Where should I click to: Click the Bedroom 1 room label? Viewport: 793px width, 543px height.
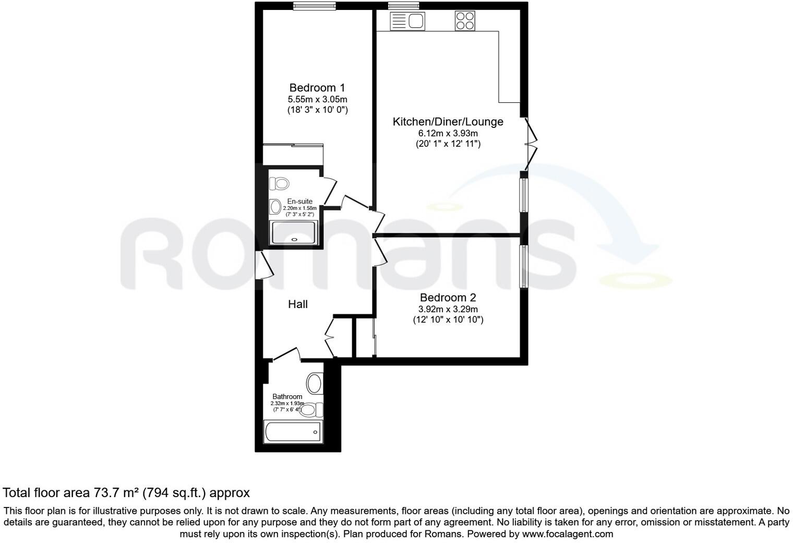click(317, 88)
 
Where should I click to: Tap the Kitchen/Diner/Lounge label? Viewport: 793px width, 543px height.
click(448, 122)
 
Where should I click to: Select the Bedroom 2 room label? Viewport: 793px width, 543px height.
click(448, 298)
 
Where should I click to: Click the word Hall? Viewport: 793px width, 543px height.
click(298, 304)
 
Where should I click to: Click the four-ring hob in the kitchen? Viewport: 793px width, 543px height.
click(465, 21)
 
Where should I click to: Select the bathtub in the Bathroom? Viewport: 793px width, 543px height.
click(292, 432)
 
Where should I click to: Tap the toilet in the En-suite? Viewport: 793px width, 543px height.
click(280, 183)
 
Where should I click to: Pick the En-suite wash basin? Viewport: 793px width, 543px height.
click(275, 207)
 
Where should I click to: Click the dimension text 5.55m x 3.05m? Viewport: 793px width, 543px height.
click(317, 99)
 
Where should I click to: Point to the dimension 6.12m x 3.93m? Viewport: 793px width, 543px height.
click(448, 133)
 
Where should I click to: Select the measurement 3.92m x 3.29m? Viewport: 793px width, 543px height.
click(448, 309)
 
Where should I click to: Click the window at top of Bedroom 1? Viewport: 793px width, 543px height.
click(314, 6)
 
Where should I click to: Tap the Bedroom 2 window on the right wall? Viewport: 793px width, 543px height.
click(524, 266)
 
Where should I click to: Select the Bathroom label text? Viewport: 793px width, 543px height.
click(287, 397)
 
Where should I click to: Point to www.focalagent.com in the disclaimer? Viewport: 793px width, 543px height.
click(568, 534)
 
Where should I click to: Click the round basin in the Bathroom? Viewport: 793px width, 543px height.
click(314, 383)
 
